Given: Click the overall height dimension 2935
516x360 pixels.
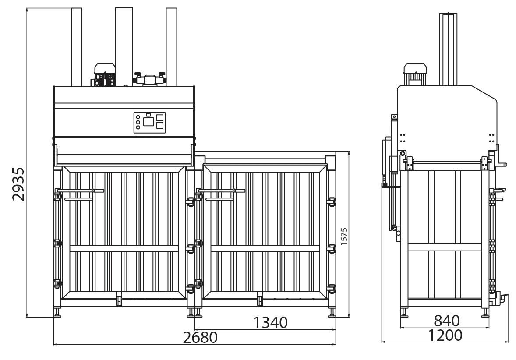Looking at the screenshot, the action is pyautogui.click(x=18, y=184).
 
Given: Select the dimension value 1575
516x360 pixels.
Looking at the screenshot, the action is pyautogui.click(x=344, y=236).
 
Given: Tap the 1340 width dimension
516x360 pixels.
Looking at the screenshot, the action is pyautogui.click(x=271, y=322).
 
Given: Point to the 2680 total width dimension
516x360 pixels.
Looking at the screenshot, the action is pyautogui.click(x=201, y=337).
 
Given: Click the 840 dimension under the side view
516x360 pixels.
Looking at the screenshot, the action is pyautogui.click(x=447, y=321).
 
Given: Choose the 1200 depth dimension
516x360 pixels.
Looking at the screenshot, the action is pyautogui.click(x=445, y=335).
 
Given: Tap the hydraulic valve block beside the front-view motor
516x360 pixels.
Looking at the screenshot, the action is pyautogui.click(x=149, y=79).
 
